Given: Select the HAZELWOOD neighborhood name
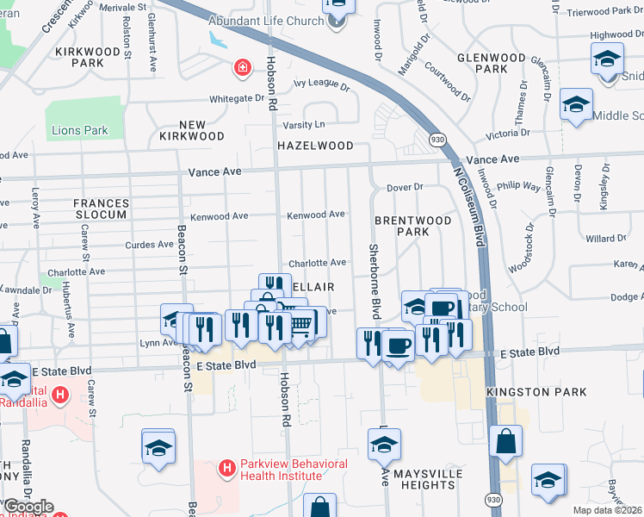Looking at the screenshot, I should (x=315, y=146).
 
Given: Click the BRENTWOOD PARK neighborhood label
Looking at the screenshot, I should (x=413, y=227).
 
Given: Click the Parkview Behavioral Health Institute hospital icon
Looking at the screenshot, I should (x=226, y=469).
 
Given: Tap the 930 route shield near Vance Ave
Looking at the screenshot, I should (x=438, y=140).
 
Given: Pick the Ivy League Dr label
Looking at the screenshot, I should (x=322, y=86).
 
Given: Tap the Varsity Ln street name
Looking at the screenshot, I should (x=307, y=124).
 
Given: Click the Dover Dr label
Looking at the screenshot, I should (x=405, y=187).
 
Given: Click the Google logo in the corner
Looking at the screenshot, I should (x=28, y=507).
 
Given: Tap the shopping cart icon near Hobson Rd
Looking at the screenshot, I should (x=301, y=323).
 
